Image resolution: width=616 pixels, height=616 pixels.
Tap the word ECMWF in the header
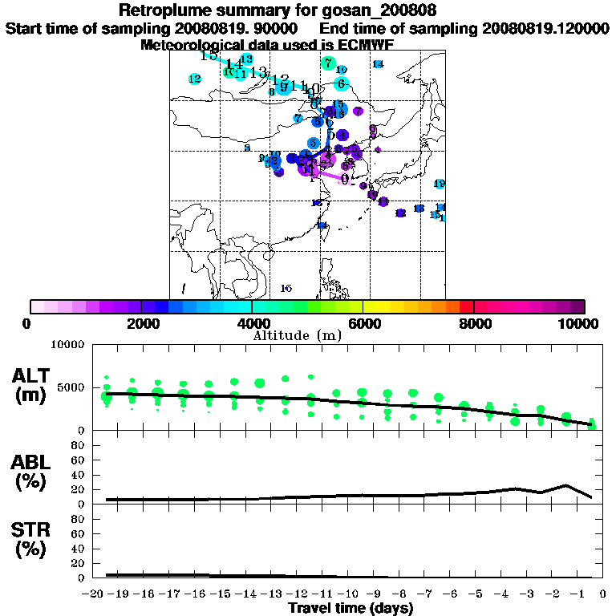(x=364, y=45)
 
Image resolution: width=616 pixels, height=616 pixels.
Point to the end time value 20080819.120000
(x=545, y=28)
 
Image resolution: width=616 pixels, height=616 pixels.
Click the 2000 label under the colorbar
(x=140, y=323)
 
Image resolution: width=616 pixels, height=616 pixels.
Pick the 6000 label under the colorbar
(x=363, y=323)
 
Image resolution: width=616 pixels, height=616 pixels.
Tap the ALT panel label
(x=34, y=376)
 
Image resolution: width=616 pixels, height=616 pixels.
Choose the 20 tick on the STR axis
(x=79, y=563)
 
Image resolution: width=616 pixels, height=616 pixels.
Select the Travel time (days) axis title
(x=351, y=609)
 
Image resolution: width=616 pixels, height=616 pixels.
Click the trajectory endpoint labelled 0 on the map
(x=344, y=179)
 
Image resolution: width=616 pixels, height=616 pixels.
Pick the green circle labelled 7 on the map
(x=327, y=63)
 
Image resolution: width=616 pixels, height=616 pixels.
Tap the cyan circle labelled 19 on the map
(x=439, y=184)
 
